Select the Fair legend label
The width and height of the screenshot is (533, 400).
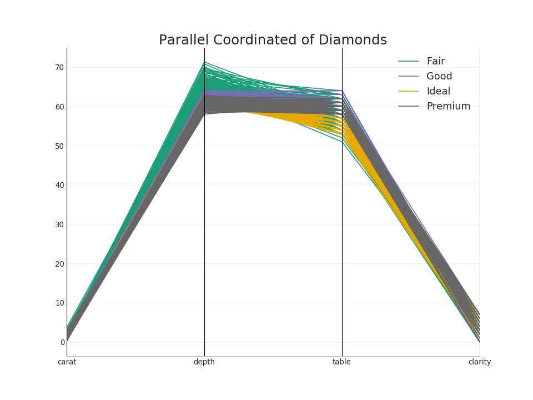pyautogui.click(x=435, y=62)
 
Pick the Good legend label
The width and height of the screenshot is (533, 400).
pyautogui.click(x=439, y=77)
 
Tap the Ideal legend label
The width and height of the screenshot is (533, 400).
pyautogui.click(x=438, y=92)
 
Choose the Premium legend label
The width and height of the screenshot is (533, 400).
pyautogui.click(x=448, y=107)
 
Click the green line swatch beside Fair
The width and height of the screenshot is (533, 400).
pyautogui.click(x=409, y=62)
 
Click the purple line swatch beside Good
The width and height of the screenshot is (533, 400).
pyautogui.click(x=409, y=77)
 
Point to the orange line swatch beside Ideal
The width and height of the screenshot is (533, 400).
pyautogui.click(x=409, y=92)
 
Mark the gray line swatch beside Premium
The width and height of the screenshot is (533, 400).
pyautogui.click(x=409, y=107)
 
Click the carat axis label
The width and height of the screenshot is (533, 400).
pyautogui.click(x=67, y=362)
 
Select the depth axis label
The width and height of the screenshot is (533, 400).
pyautogui.click(x=204, y=362)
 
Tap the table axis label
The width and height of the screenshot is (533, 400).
pyautogui.click(x=341, y=362)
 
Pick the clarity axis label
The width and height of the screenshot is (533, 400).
pyautogui.click(x=480, y=362)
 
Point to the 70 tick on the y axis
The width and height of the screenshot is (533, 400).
pyautogui.click(x=59, y=68)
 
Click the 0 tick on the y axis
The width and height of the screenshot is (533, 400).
pyautogui.click(x=62, y=342)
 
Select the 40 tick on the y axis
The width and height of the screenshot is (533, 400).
pyautogui.click(x=59, y=186)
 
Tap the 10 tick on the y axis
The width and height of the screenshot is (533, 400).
pyautogui.click(x=59, y=303)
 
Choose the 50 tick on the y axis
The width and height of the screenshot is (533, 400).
pyautogui.click(x=59, y=146)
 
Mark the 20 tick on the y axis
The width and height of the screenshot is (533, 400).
pyautogui.click(x=59, y=264)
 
